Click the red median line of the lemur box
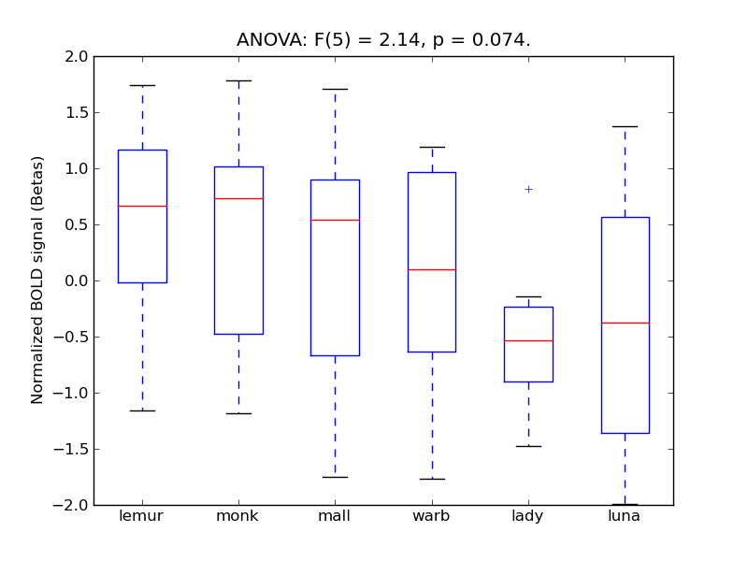click(x=142, y=206)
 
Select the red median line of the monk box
click(x=238, y=198)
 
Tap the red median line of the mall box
click(x=335, y=220)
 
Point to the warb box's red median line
click(x=432, y=269)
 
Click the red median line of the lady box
click(x=528, y=340)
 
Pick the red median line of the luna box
click(x=625, y=323)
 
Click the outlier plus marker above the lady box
click(x=528, y=189)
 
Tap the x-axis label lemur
click(x=142, y=516)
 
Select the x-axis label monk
click(x=238, y=516)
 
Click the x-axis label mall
click(x=335, y=516)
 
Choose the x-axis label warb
click(x=432, y=516)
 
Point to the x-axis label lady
click(x=528, y=516)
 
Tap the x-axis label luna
click(x=625, y=516)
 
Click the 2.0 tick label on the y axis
click(x=78, y=57)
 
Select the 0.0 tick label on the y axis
click(x=78, y=281)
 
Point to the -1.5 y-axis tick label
click(x=74, y=450)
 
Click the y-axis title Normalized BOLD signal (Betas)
click(x=37, y=280)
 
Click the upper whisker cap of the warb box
click(x=432, y=147)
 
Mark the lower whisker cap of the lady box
click(x=528, y=446)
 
